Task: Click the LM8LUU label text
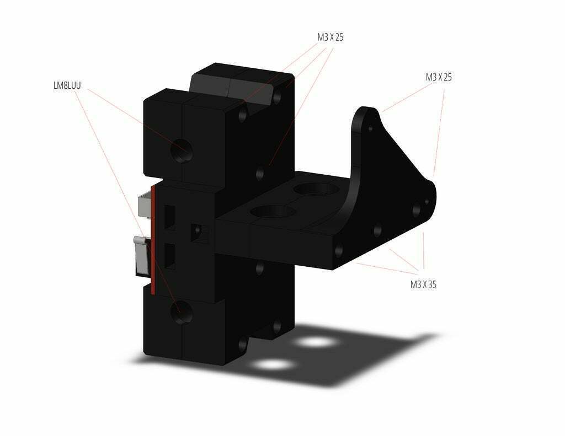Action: click(67, 85)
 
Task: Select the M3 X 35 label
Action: click(423, 284)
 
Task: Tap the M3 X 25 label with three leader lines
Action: click(331, 37)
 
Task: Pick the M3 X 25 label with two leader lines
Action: click(439, 77)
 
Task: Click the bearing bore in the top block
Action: click(182, 150)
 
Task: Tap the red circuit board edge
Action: click(153, 239)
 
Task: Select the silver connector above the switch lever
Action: click(145, 205)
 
